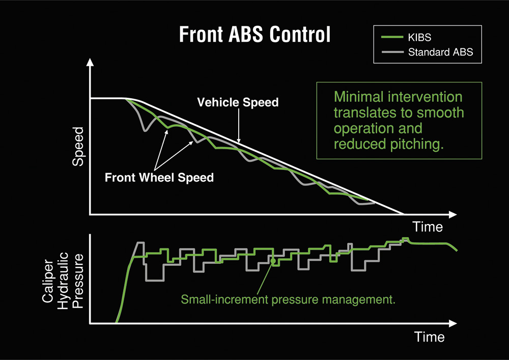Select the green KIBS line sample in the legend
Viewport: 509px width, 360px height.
point(392,37)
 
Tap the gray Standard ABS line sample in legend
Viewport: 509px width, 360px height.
point(392,52)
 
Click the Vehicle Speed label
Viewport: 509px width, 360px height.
point(238,102)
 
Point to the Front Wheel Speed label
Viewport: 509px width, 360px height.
point(159,178)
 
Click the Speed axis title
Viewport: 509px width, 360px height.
point(78,147)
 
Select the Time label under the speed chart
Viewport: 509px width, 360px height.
point(428,227)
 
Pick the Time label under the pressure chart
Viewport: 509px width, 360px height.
point(429,337)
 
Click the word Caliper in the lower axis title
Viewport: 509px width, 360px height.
point(48,281)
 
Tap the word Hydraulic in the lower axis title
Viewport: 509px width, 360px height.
point(63,281)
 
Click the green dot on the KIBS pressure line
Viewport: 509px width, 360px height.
point(273,261)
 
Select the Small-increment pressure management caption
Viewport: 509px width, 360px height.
point(288,299)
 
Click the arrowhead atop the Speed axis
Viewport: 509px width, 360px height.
point(90,62)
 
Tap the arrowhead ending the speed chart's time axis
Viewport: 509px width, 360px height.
point(453,214)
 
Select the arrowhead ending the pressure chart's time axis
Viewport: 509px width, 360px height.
point(453,323)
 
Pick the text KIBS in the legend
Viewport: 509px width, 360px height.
point(419,37)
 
